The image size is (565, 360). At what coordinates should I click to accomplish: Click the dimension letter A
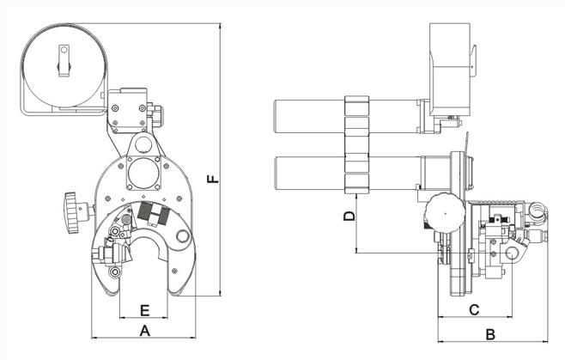coord(145,329)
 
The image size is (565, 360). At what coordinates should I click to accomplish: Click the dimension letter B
coord(489,333)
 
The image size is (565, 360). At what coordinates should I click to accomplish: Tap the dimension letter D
coord(349,217)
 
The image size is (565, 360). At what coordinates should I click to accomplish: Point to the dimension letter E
coord(145,308)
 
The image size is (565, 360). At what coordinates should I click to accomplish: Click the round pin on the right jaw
coord(182,236)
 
